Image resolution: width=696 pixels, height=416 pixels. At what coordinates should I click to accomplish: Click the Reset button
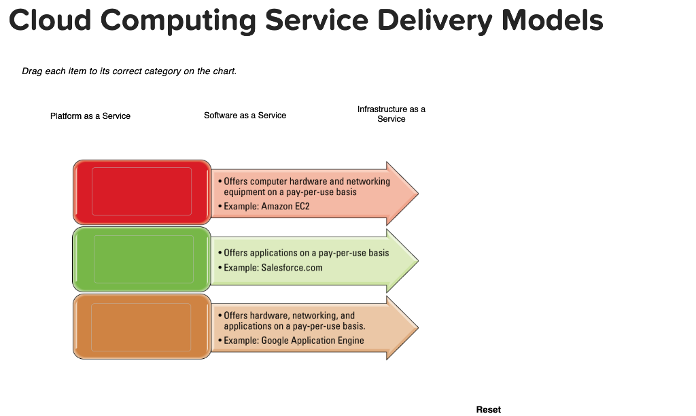pyautogui.click(x=488, y=409)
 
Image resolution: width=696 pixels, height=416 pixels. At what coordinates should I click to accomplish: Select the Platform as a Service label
pyautogui.click(x=90, y=116)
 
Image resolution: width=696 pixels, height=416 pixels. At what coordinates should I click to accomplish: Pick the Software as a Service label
pyautogui.click(x=245, y=116)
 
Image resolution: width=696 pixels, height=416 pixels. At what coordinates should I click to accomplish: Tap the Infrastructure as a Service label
pyautogui.click(x=391, y=114)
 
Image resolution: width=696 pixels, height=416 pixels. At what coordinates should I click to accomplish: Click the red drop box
pyautogui.click(x=141, y=192)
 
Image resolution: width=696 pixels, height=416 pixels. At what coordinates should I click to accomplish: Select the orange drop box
pyautogui.click(x=141, y=327)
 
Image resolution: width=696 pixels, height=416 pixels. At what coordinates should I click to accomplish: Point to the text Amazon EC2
pyautogui.click(x=285, y=206)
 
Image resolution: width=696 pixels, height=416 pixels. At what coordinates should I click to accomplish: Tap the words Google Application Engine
pyautogui.click(x=312, y=341)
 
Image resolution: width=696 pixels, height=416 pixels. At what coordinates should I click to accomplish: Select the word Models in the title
pyautogui.click(x=552, y=20)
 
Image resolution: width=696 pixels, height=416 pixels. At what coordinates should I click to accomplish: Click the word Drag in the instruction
pyautogui.click(x=32, y=71)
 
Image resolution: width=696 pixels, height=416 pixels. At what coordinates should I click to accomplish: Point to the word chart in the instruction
pyautogui.click(x=224, y=71)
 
